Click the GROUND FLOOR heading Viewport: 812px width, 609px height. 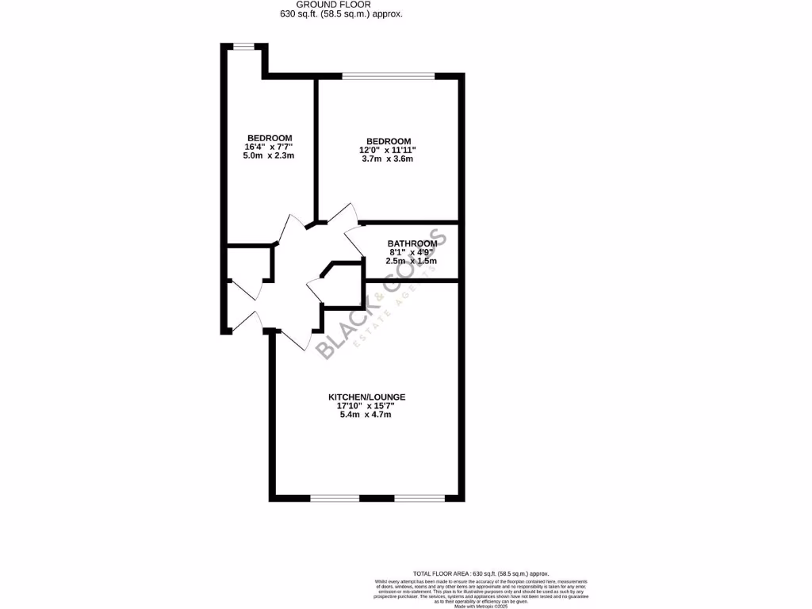point(347,5)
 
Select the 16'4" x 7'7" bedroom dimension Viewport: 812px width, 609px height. point(269,146)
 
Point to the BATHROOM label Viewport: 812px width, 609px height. point(412,243)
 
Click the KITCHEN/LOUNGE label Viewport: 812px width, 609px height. point(367,396)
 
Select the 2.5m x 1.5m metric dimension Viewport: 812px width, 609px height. point(412,261)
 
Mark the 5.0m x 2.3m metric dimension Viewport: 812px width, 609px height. point(269,155)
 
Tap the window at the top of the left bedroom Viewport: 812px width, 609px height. point(243,46)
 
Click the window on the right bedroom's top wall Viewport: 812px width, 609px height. point(389,76)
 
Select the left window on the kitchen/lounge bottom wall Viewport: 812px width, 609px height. point(334,498)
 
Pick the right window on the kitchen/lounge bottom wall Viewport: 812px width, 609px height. point(419,498)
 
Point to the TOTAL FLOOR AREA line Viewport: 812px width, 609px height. point(481,573)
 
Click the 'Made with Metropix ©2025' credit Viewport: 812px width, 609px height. point(481,606)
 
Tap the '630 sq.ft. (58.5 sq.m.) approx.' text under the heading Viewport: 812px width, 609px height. point(347,14)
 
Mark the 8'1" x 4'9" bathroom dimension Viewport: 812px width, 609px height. point(412,252)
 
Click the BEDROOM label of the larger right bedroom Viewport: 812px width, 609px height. point(389,141)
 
